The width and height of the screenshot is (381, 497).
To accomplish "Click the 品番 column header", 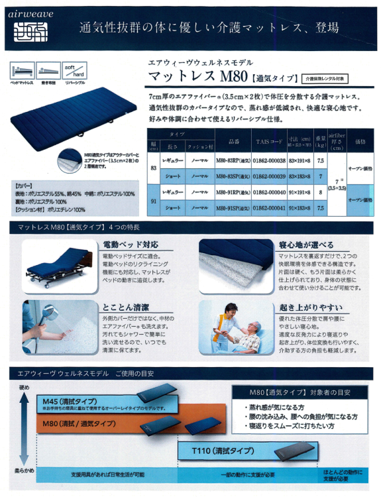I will click(x=233, y=142).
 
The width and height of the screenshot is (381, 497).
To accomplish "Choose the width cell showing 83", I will click(x=152, y=169).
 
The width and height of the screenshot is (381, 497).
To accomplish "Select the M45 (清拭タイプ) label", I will click(x=67, y=401).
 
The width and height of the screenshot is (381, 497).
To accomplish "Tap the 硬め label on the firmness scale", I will click(x=24, y=388).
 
